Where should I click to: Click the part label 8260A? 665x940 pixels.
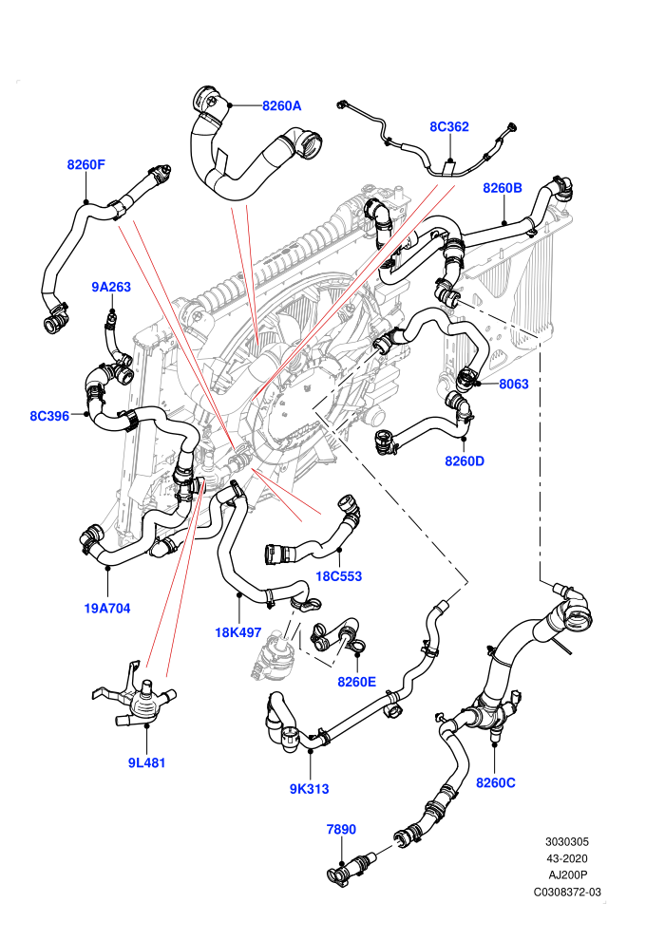281,106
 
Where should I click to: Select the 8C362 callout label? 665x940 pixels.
449,126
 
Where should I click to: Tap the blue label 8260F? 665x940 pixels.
85,164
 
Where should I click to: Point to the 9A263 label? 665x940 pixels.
111,287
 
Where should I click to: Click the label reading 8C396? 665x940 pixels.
49,416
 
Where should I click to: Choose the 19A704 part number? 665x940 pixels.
107,609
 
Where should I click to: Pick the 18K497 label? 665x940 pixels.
238,631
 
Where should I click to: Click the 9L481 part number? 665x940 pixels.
146,762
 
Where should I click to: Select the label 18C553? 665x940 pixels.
339,576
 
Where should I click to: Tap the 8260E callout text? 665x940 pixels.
357,682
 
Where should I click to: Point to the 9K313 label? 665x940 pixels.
310,789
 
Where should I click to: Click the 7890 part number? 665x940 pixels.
341,829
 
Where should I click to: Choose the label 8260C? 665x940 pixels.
495,782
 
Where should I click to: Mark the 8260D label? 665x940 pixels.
465,461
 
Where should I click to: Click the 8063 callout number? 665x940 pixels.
514,384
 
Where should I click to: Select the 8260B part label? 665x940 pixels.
503,188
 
